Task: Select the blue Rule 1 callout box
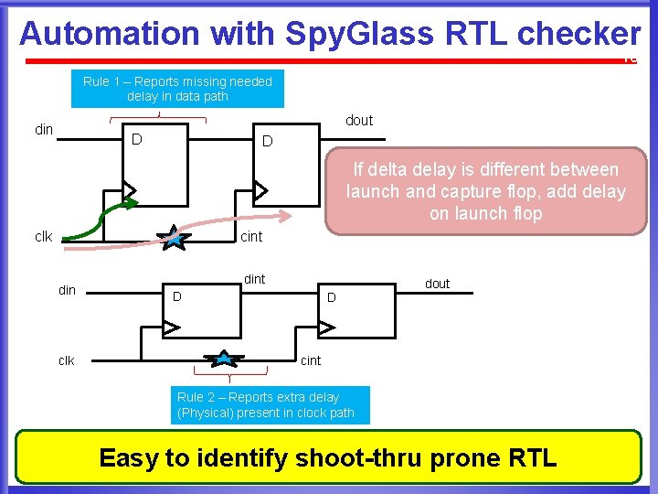pos(177,89)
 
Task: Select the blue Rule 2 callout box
pos(272,405)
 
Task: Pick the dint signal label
pos(254,279)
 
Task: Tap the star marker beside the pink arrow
pos(172,241)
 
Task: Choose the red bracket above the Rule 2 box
pos(230,372)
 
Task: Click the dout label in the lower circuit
pos(437,284)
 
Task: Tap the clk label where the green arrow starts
pos(43,237)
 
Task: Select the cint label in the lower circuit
pos(311,360)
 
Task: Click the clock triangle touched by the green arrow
pos(129,190)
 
